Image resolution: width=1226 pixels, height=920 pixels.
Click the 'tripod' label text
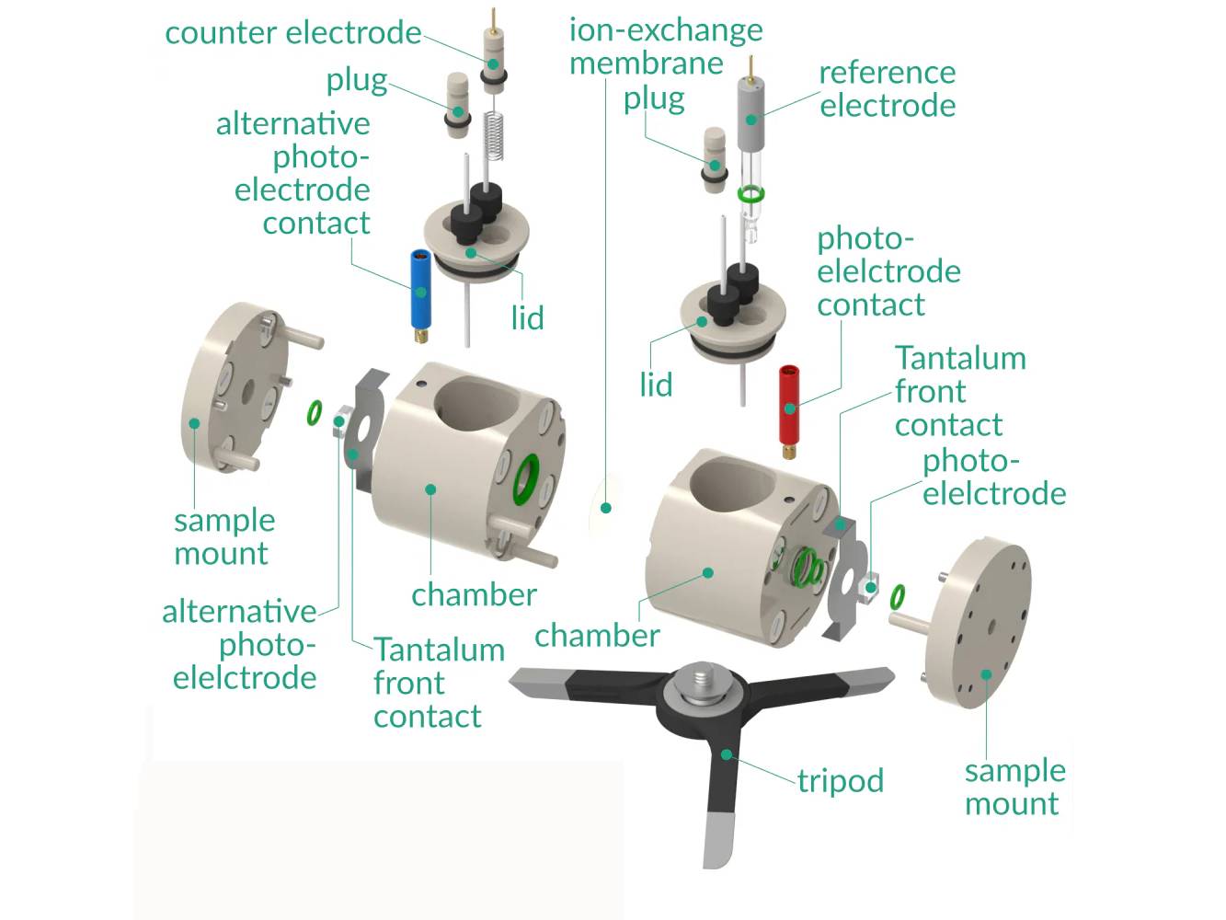click(840, 781)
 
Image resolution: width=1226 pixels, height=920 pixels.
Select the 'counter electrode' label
click(292, 33)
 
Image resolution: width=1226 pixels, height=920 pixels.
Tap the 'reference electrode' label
click(887, 88)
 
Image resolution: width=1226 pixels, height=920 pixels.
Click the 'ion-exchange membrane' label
click(665, 46)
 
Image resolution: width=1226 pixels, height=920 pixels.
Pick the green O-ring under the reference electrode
click(752, 193)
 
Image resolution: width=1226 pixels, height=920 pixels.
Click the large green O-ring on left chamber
click(526, 478)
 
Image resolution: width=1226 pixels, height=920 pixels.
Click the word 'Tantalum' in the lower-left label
click(439, 650)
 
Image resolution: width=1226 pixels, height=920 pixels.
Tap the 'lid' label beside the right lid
click(656, 385)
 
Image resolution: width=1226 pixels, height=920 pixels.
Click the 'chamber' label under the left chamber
click(474, 594)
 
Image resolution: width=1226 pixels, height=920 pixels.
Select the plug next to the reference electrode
click(715, 158)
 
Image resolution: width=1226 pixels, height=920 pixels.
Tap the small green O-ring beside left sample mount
click(315, 413)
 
